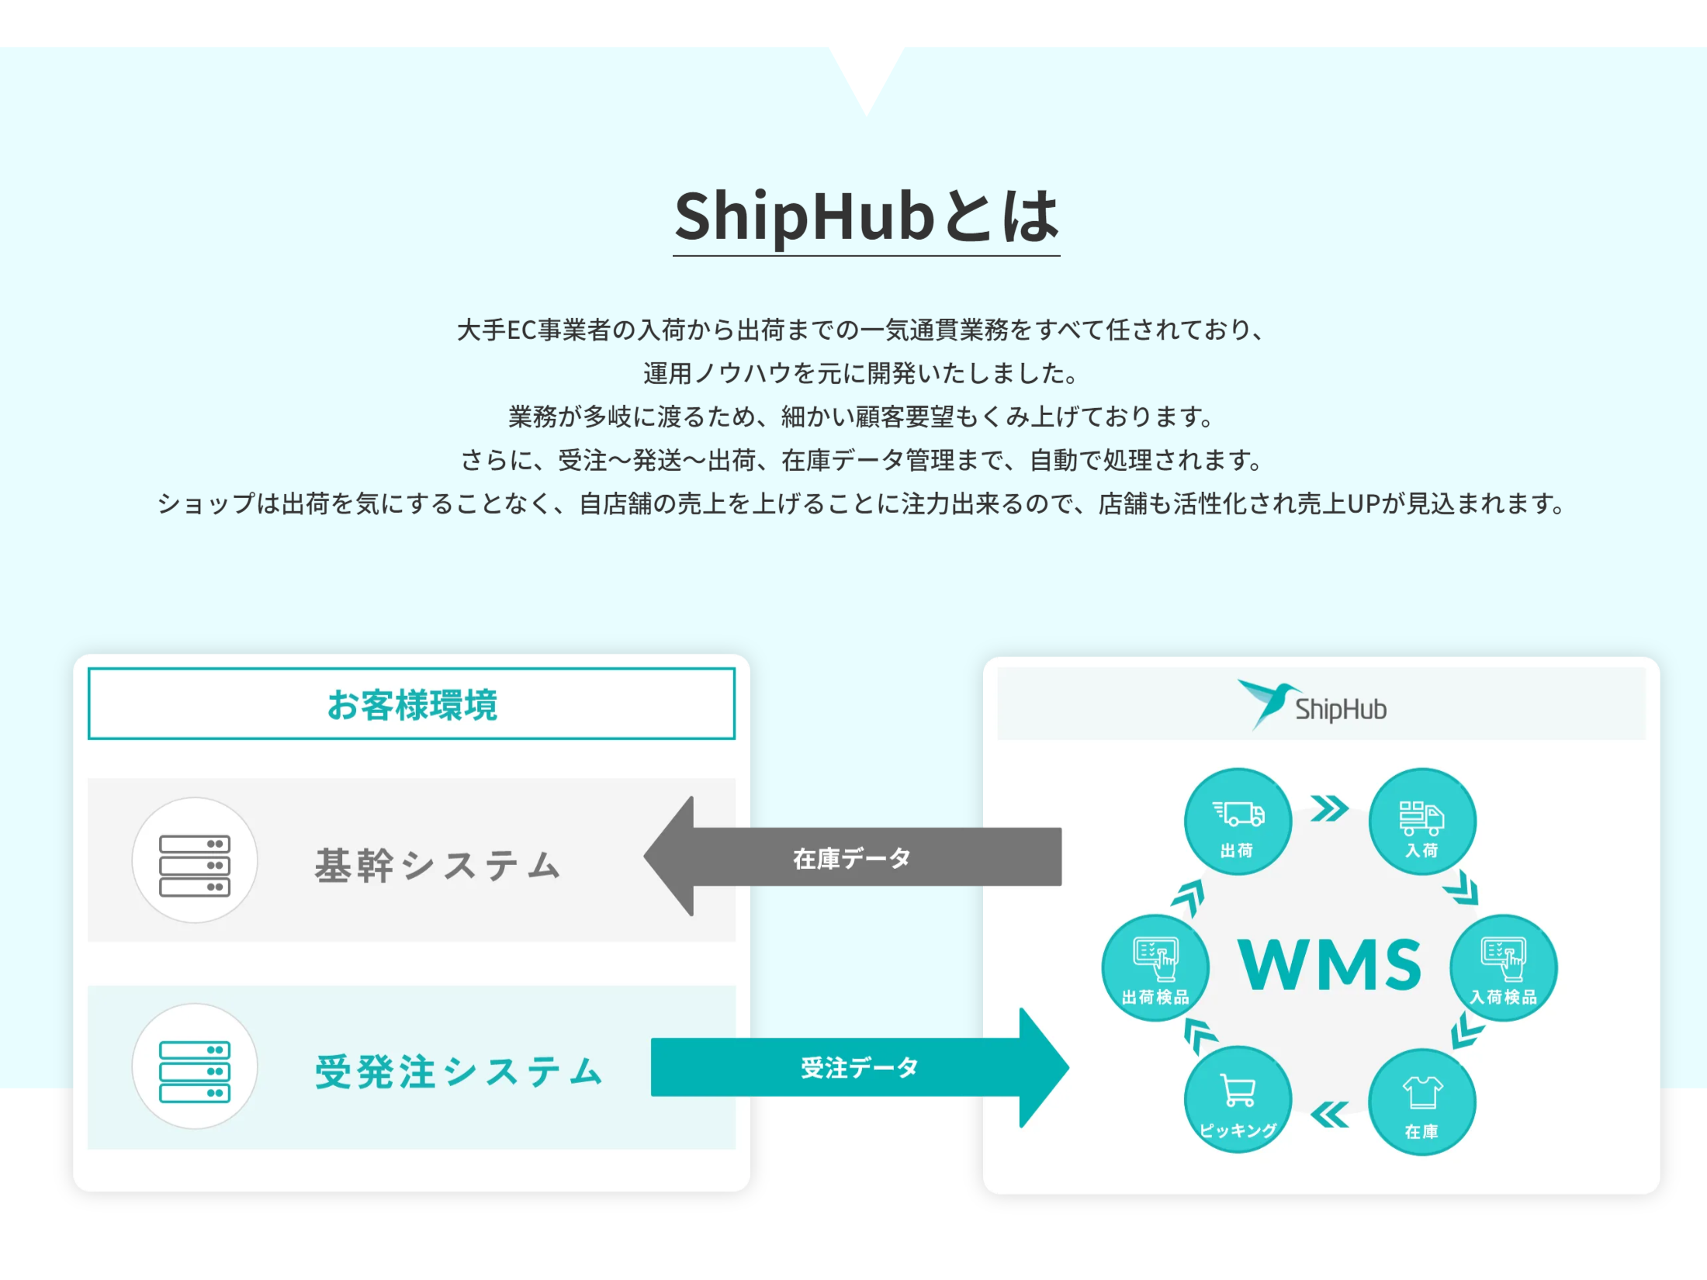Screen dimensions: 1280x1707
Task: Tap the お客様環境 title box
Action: tap(411, 704)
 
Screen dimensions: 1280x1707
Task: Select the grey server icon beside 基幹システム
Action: tap(194, 860)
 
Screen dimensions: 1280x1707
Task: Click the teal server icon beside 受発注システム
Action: tap(194, 1067)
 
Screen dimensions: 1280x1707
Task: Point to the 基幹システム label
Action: tap(438, 865)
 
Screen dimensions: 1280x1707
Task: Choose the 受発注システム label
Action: tap(459, 1071)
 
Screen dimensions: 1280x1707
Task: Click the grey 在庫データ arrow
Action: tap(852, 857)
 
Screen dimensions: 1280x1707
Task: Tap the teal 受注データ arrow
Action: tap(860, 1067)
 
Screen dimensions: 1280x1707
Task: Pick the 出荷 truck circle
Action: tap(1238, 822)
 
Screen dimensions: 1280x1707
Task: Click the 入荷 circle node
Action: tap(1421, 822)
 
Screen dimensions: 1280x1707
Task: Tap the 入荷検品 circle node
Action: tap(1503, 968)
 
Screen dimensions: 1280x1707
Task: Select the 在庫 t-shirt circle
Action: tap(1421, 1102)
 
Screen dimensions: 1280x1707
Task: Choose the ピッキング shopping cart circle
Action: tap(1238, 1100)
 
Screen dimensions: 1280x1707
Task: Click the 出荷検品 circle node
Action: tap(1155, 968)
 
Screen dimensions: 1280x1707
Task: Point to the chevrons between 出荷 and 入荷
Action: tap(1329, 808)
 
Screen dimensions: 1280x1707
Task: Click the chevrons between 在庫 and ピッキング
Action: tap(1329, 1115)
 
